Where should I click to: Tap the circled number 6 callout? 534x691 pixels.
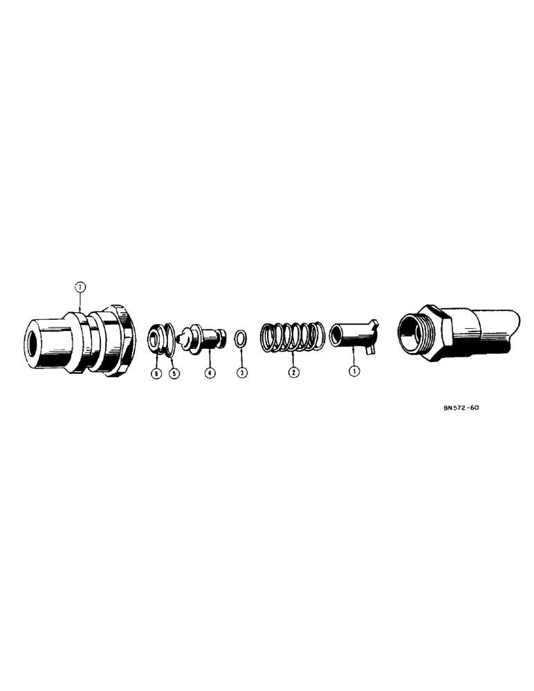click(156, 373)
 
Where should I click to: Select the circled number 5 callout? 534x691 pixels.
click(174, 373)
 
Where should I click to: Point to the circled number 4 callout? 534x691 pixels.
click(209, 373)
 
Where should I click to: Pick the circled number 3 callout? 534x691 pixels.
click(241, 373)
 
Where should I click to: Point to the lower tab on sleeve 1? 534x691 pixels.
click(372, 351)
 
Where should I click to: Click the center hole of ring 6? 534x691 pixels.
click(153, 337)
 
